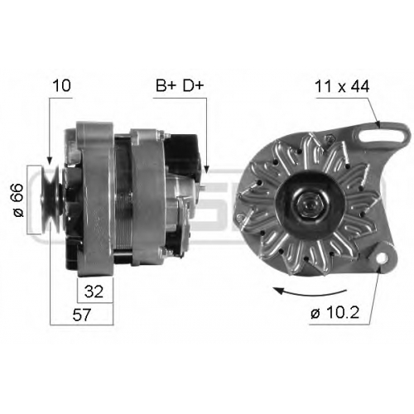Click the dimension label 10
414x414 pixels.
(x=62, y=85)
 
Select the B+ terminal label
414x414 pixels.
(x=166, y=85)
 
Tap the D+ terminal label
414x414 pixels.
(x=193, y=85)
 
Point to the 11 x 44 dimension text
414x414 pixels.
(x=342, y=87)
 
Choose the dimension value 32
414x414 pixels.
(x=94, y=291)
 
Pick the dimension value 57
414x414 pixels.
(x=82, y=315)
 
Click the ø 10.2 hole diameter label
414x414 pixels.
(x=335, y=313)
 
